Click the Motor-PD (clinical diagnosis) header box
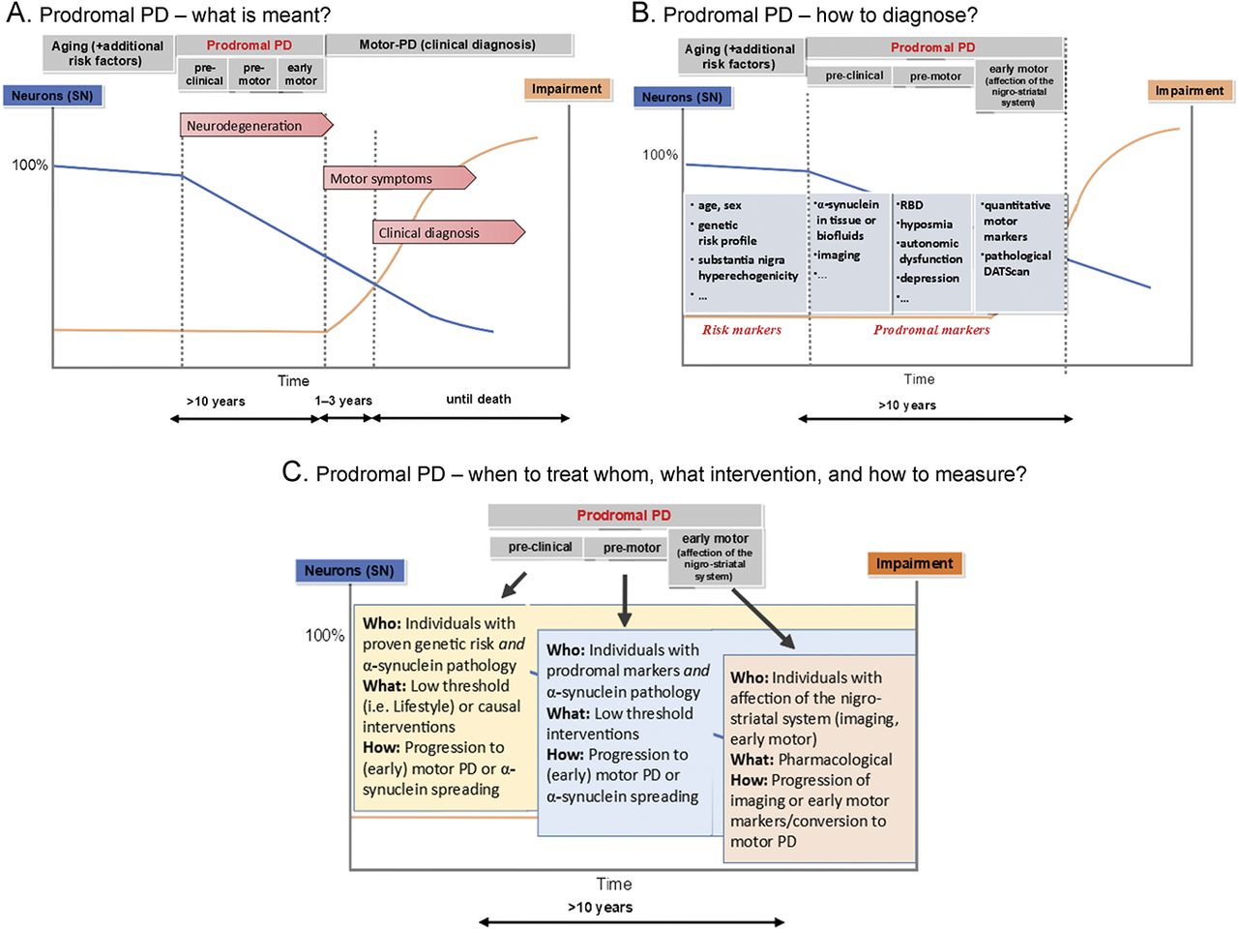[x=449, y=45]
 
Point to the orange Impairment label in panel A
[x=567, y=89]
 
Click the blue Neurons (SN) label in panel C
[x=349, y=571]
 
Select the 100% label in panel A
[x=30, y=165]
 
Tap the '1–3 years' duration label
[x=343, y=401]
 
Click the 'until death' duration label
[x=479, y=399]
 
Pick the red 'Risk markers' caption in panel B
[x=742, y=330]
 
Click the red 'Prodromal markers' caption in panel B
[x=931, y=330]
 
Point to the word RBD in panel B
[x=911, y=205]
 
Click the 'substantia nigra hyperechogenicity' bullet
[x=748, y=268]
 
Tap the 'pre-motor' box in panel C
[x=632, y=548]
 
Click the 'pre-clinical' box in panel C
[x=540, y=547]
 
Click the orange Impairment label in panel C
[x=914, y=564]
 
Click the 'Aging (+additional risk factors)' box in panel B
[x=740, y=57]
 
